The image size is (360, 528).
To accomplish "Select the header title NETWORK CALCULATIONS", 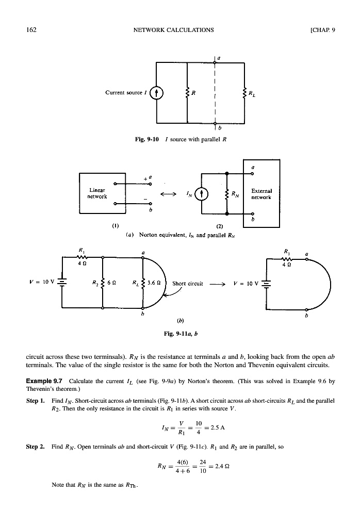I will [173, 29].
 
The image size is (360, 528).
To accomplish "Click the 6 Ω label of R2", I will [111, 283].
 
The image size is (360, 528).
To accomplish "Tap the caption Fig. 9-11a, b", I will [180, 333].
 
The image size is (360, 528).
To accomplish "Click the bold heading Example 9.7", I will [44, 381].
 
